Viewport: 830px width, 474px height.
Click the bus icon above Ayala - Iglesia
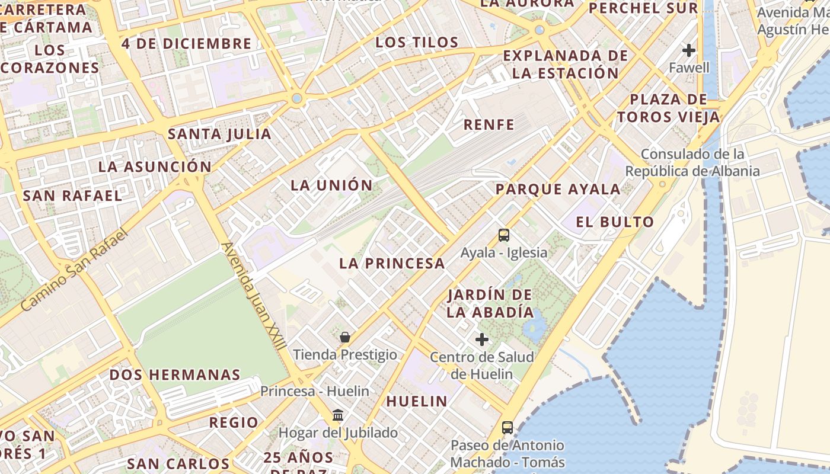point(503,235)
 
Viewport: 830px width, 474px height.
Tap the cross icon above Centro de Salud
point(482,340)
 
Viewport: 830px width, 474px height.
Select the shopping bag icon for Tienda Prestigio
point(345,337)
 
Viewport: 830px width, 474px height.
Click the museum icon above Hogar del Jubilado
point(338,415)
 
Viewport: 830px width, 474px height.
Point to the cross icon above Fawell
point(688,50)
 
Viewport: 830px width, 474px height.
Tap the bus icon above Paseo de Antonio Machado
point(507,427)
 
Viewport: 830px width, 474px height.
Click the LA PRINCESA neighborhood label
point(392,264)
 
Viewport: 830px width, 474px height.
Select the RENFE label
point(489,124)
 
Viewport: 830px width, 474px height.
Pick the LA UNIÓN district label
point(331,185)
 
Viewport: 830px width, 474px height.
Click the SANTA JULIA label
point(220,134)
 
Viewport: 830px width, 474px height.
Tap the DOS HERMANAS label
point(175,374)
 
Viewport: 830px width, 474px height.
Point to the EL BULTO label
point(615,222)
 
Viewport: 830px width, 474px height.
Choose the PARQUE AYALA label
point(558,189)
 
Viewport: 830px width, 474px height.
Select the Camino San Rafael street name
point(74,270)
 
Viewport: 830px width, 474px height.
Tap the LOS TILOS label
point(417,42)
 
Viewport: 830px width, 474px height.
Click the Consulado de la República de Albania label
point(692,163)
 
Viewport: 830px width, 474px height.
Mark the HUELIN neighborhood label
point(417,401)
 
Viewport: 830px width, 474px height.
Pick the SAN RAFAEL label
point(72,196)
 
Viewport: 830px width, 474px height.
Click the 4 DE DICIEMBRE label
point(187,43)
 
